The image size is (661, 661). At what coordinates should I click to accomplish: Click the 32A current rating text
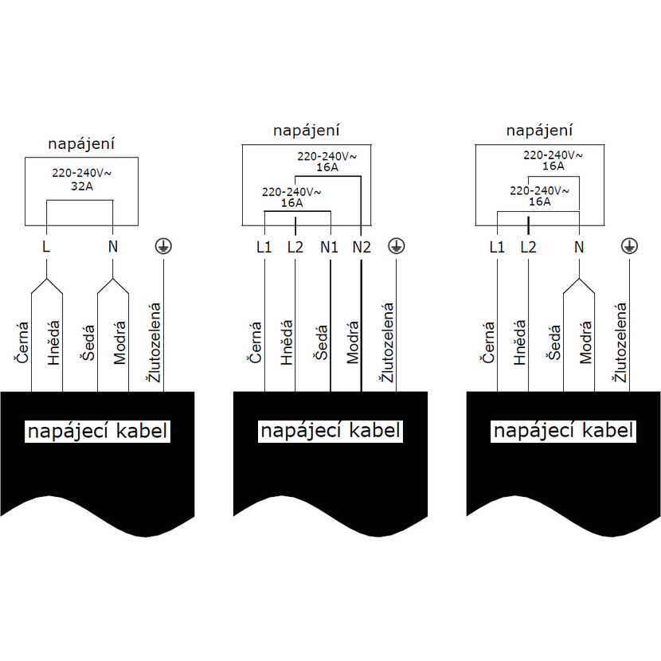point(82,186)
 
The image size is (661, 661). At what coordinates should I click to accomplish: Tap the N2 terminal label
point(362,247)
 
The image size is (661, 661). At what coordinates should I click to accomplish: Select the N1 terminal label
point(329,247)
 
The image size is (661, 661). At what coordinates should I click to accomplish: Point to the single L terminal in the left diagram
point(46,247)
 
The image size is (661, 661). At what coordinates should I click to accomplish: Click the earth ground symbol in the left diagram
point(163,246)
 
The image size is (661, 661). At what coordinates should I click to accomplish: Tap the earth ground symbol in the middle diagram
point(397,246)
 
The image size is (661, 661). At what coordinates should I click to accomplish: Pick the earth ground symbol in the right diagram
point(629,246)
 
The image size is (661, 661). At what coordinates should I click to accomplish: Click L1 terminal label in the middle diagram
point(264,247)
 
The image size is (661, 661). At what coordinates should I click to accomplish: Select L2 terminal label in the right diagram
point(528,247)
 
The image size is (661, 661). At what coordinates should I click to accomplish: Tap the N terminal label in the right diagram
point(579,247)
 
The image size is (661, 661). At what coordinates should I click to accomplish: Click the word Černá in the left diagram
point(22,342)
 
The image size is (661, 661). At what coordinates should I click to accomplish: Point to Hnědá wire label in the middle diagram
point(287,342)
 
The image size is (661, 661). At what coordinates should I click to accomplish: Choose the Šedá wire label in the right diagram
point(554,342)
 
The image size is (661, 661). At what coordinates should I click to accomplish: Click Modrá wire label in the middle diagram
point(353,342)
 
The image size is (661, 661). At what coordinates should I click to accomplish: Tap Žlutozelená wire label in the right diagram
point(620,342)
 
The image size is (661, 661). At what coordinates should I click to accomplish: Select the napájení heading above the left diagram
point(81,144)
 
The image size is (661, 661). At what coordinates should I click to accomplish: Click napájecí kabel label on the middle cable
point(330,431)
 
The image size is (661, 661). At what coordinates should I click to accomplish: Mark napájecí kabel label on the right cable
point(563,431)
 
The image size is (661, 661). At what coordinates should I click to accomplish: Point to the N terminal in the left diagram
point(113,247)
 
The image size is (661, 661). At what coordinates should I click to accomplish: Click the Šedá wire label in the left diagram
point(88,342)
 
